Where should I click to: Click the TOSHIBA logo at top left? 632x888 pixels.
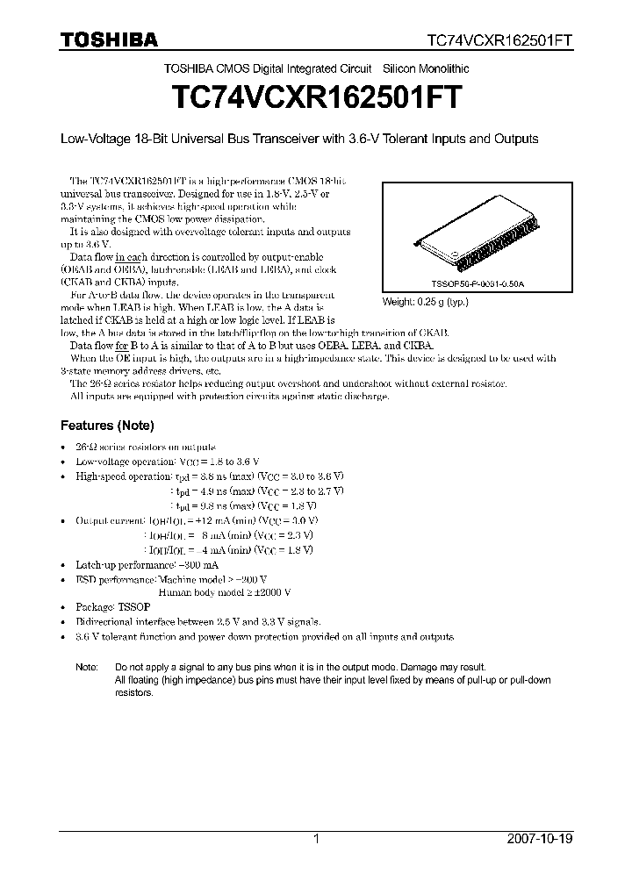(x=109, y=39)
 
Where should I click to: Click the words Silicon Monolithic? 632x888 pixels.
(x=426, y=68)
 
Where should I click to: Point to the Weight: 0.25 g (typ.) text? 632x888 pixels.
(x=426, y=301)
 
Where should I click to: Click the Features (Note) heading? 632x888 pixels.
(x=106, y=426)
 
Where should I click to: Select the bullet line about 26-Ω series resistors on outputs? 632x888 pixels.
(x=145, y=447)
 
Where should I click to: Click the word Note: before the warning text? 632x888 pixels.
(x=86, y=667)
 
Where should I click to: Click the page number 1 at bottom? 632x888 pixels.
(x=316, y=839)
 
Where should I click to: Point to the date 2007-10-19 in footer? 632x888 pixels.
(x=540, y=839)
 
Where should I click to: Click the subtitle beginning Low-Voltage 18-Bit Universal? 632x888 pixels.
(x=298, y=139)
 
